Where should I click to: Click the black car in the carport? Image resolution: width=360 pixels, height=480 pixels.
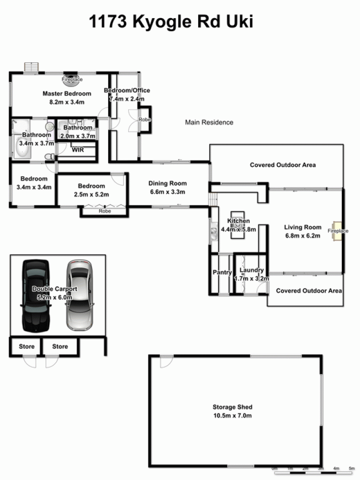[36, 296]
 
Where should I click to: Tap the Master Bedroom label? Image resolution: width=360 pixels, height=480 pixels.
[67, 93]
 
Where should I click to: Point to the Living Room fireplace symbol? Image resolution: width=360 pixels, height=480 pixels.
[337, 231]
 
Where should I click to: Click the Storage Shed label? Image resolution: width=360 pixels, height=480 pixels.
[232, 407]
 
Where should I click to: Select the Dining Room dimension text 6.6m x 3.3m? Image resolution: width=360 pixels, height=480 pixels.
[167, 192]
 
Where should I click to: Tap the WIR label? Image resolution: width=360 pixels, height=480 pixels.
[78, 150]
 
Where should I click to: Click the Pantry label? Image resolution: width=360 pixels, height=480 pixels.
[222, 272]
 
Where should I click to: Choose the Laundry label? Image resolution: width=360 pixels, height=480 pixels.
[251, 270]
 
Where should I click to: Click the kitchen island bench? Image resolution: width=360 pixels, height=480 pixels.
[238, 225]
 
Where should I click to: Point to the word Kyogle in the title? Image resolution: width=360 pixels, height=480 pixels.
[162, 22]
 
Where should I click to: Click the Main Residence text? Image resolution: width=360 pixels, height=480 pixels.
[209, 122]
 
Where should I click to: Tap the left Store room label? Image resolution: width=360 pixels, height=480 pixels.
[26, 346]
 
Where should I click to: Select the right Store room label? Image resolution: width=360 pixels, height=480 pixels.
[60, 346]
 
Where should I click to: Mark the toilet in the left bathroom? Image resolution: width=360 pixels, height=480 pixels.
[49, 157]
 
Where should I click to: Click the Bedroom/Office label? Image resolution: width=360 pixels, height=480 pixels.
[127, 91]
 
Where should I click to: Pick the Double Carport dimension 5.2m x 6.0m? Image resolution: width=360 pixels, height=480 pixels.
[54, 297]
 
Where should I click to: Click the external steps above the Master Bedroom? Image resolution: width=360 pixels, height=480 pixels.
[31, 67]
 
